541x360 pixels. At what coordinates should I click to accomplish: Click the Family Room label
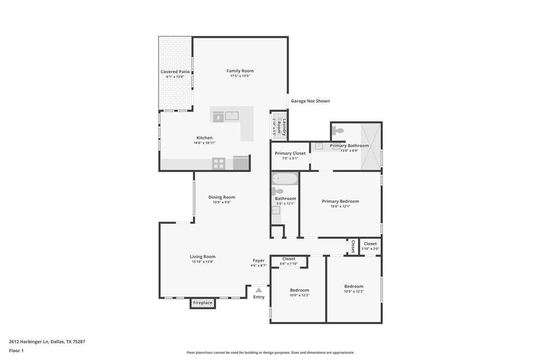[240, 71]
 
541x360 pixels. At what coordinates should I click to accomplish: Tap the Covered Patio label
[175, 72]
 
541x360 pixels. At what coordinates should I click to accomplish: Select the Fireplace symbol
[203, 303]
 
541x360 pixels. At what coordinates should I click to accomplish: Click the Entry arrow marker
[258, 290]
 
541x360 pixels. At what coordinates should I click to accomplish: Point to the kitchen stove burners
[219, 164]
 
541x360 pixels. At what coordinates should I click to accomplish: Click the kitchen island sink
[232, 116]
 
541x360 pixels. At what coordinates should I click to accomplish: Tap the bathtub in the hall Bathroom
[285, 178]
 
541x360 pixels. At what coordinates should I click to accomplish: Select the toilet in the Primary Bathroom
[338, 130]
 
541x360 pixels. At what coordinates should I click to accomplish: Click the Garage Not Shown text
[310, 101]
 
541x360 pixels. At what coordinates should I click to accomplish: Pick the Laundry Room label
[284, 127]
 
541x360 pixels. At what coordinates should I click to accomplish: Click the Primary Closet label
[290, 153]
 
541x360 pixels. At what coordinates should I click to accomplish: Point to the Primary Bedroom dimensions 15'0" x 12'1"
[340, 206]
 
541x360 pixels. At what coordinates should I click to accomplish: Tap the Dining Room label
[221, 197]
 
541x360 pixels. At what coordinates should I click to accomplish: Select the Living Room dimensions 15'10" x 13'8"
[203, 262]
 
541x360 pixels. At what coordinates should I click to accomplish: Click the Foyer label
[258, 260]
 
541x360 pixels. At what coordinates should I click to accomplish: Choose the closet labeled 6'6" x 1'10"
[288, 261]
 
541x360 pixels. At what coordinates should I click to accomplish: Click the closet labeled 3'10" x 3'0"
[370, 246]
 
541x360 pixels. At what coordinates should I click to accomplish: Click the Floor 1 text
[16, 350]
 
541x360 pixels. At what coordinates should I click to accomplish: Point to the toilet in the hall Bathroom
[277, 192]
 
